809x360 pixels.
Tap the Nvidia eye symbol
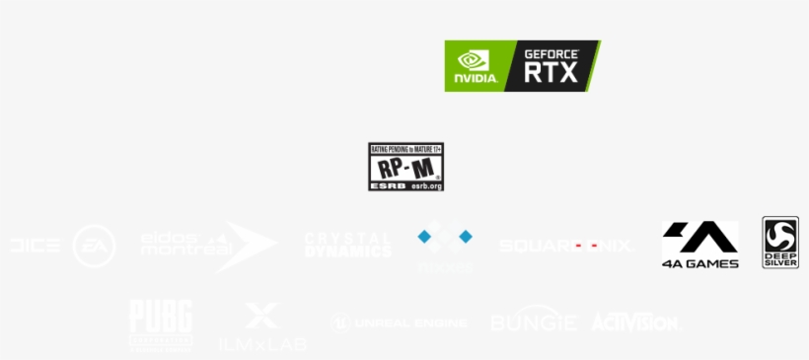473,59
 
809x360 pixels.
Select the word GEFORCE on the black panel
551,54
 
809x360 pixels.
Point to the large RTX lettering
551,74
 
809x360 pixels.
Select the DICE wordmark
35,246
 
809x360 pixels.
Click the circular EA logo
94,247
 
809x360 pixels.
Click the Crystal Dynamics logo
347,246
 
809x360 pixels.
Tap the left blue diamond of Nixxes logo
424,237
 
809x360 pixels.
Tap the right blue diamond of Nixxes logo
466,237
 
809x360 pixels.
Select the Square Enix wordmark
565,246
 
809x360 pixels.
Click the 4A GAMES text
699,262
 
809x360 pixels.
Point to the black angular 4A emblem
699,237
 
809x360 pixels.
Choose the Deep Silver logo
780,243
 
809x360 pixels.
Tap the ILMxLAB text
261,344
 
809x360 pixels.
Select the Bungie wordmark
534,322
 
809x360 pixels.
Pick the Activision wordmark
634,322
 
